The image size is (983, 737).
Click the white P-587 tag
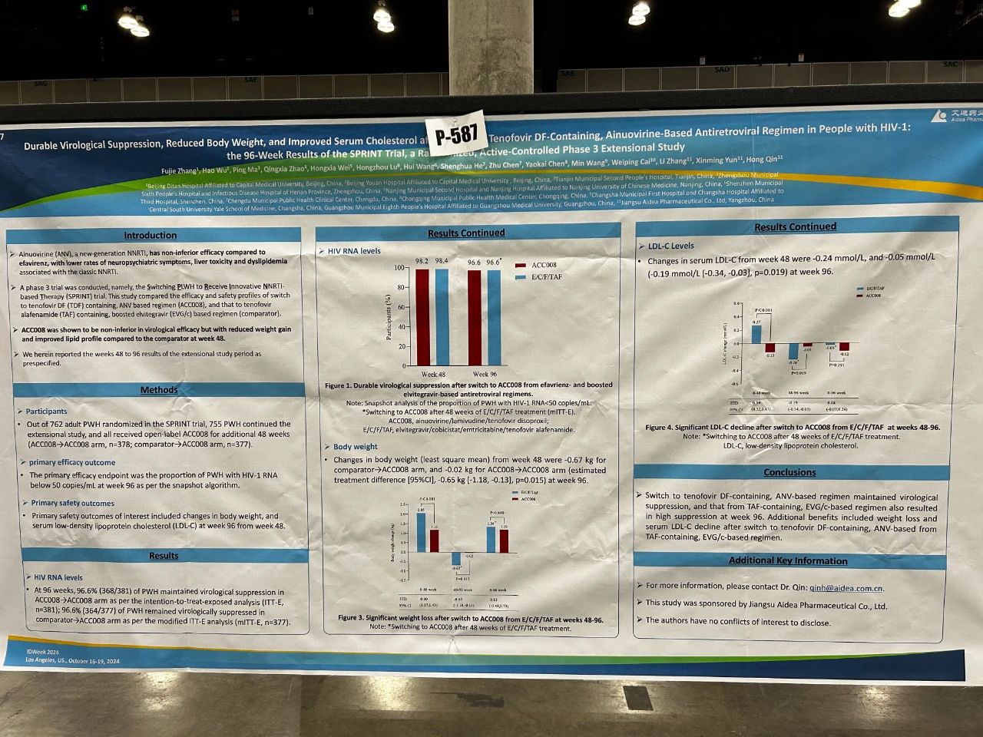pos(457,136)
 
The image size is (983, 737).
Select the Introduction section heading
pos(151,236)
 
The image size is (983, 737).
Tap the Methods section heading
pos(159,390)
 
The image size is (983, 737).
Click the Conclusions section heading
pos(789,472)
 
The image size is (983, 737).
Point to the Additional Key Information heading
pos(788,560)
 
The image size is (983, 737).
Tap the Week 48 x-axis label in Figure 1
pos(433,374)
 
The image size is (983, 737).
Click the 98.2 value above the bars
pos(422,261)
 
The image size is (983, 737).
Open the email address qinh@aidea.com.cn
pos(846,588)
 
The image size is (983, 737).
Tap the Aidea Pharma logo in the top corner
pos(956,116)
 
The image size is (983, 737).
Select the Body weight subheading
pos(355,446)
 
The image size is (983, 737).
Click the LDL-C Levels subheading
pos(670,246)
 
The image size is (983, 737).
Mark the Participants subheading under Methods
pos(46,411)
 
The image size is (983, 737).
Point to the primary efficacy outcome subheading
pos(72,462)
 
